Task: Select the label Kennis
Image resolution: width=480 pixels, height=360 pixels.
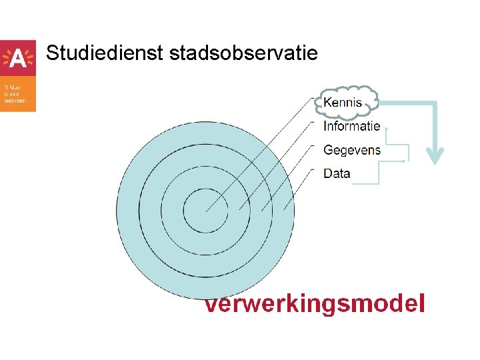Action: tap(343, 103)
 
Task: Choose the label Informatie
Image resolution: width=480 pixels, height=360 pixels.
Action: tap(351, 126)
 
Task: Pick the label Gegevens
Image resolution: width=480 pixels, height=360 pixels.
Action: tap(351, 150)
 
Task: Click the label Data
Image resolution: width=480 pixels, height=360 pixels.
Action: tap(337, 173)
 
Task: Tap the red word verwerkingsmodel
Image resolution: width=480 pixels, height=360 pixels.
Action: tap(314, 304)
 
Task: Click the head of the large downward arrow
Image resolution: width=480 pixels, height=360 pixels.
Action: tap(435, 156)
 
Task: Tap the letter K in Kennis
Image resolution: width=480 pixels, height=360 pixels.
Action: tap(327, 103)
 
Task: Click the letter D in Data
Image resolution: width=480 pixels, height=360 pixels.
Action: tap(327, 173)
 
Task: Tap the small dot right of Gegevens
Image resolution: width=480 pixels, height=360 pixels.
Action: tap(405, 161)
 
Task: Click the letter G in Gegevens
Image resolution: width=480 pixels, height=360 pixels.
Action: tap(328, 150)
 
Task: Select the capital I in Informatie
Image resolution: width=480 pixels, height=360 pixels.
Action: tap(325, 126)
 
